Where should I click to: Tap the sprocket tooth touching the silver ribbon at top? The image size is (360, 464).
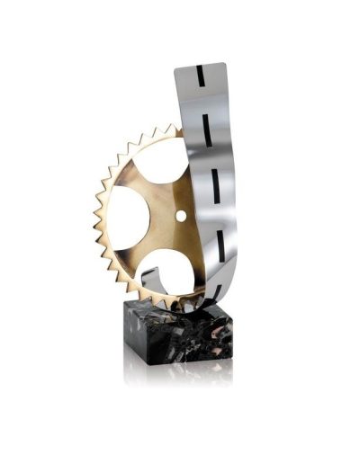(179, 133)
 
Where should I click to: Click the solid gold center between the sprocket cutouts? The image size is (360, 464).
(162, 220)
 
